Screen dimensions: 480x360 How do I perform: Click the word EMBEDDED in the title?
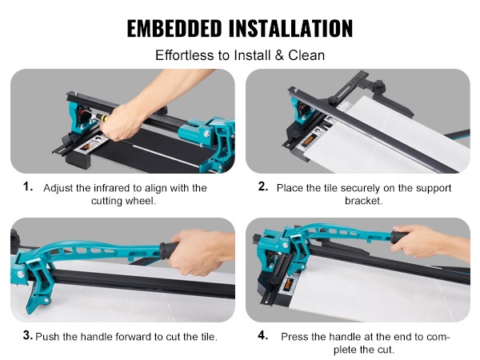174,28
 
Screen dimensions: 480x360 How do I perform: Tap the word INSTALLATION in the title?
291,28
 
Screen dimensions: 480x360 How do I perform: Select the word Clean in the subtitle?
306,55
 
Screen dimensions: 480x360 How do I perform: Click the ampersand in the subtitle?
279,55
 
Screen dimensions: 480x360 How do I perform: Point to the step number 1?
28,186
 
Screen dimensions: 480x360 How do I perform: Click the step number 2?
263,186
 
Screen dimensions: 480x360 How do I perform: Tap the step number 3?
28,335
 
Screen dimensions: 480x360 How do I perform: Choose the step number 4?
263,335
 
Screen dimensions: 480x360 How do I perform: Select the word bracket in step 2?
364,201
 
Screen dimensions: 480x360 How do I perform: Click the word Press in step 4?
294,337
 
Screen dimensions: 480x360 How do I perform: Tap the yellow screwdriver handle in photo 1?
103,118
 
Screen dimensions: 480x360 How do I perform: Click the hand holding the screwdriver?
122,122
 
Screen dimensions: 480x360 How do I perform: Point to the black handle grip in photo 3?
168,250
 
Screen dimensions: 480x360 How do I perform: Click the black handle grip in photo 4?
398,238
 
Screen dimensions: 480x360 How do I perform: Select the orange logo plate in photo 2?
309,142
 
